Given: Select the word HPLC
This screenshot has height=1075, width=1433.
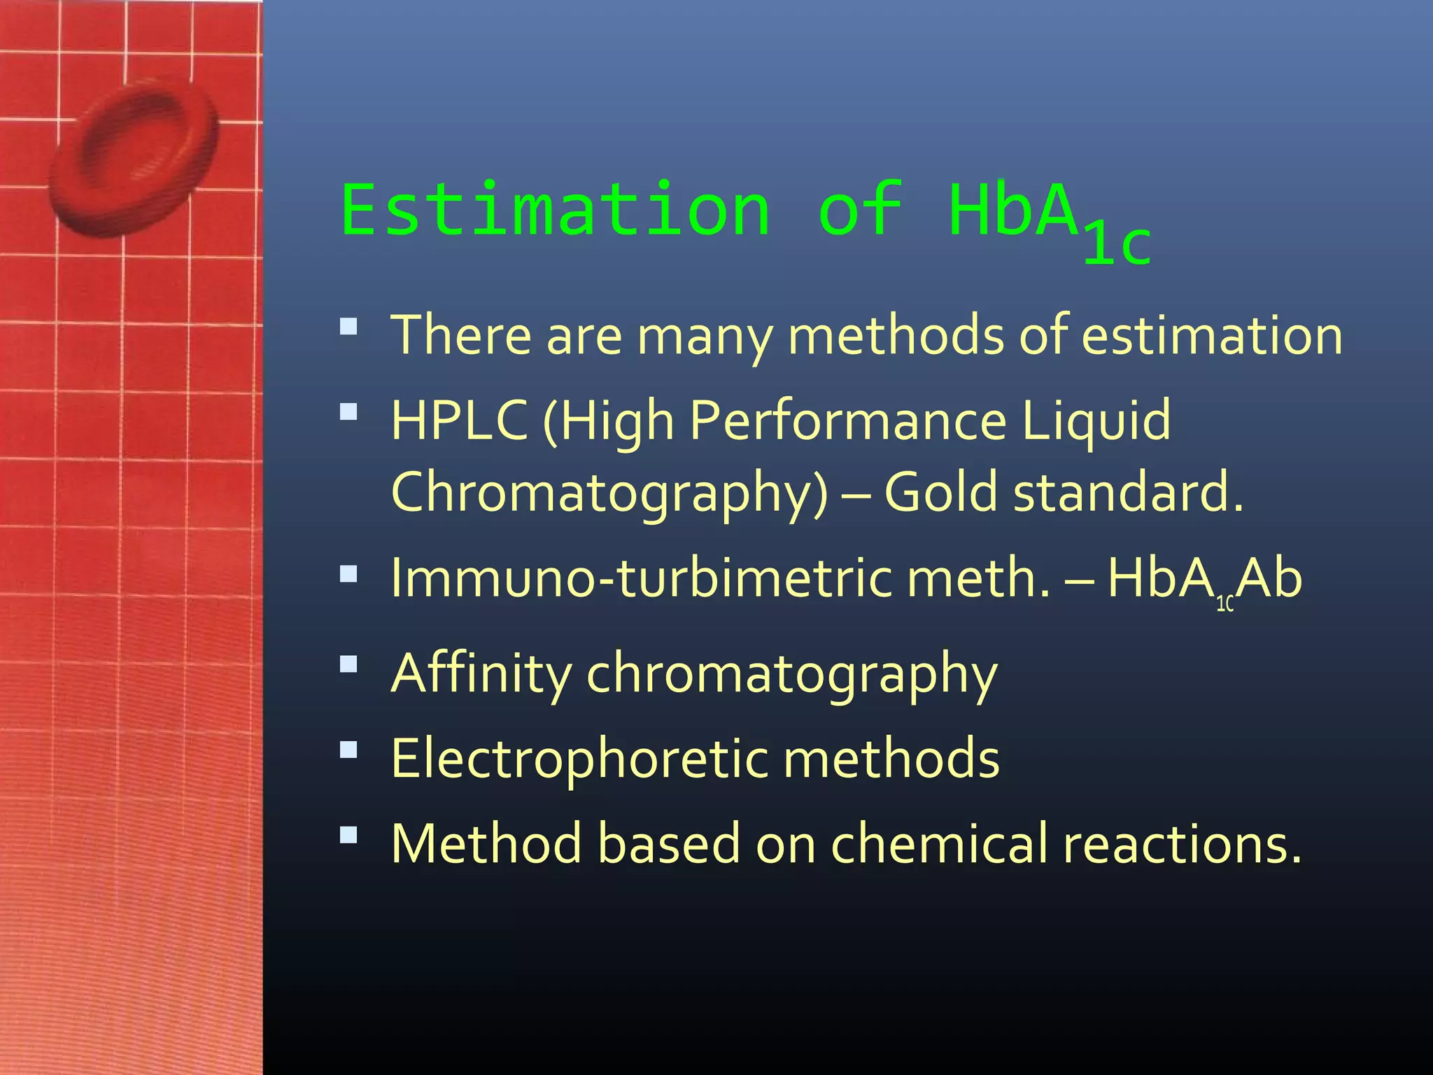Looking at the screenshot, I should (x=459, y=420).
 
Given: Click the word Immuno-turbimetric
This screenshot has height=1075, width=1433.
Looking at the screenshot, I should (x=641, y=579).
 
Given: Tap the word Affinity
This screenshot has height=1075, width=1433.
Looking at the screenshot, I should (x=481, y=673).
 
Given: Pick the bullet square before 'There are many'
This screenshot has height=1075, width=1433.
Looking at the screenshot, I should (x=348, y=327).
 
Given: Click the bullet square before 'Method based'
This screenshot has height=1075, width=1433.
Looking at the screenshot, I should (x=348, y=835).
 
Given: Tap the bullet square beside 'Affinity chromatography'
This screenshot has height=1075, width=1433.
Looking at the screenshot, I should (x=348, y=663).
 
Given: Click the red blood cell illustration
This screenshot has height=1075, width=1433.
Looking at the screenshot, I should (x=133, y=157).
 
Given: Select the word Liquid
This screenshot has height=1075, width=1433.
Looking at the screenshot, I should (x=1096, y=420).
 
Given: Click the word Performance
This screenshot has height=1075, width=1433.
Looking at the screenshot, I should (x=848, y=420).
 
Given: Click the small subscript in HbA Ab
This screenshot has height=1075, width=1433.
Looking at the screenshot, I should (x=1224, y=604).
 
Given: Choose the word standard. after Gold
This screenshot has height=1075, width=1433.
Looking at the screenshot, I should (x=1129, y=491).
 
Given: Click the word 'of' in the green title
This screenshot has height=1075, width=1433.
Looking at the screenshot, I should (x=861, y=210).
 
